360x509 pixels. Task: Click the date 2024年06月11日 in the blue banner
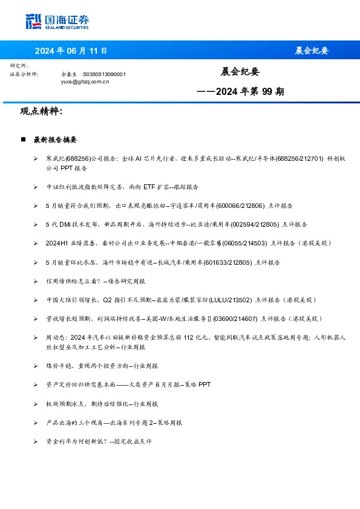pos(71,51)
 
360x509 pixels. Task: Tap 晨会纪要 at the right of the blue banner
pos(312,51)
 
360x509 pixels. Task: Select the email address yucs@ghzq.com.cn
pos(85,81)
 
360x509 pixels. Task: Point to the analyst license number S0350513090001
pos(103,74)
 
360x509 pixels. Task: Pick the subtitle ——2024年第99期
pos(241,92)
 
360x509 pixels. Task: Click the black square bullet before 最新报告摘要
pos(23,140)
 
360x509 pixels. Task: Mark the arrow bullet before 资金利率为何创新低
pos(36,442)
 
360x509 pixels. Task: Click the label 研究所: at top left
pos(19,65)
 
